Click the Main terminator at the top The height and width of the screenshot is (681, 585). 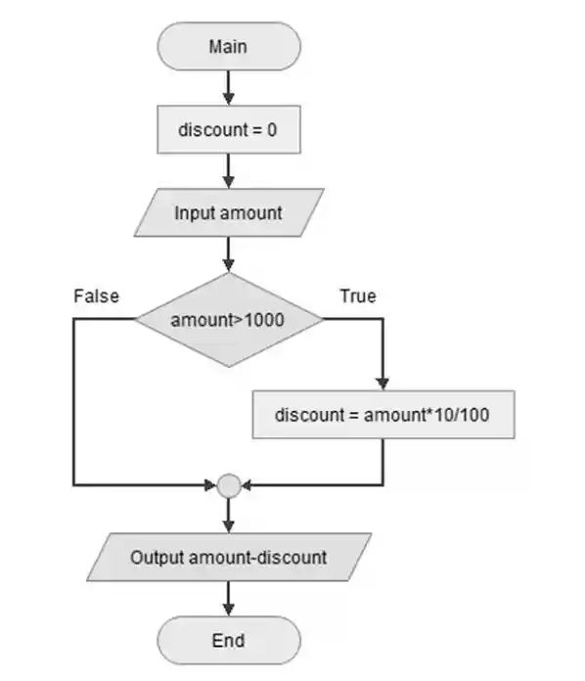228,46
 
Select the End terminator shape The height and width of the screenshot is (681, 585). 228,641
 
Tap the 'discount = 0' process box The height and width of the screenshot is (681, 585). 228,129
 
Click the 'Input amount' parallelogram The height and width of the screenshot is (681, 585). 228,212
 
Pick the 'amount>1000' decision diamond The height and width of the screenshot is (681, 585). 228,320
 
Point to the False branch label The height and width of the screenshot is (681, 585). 96,295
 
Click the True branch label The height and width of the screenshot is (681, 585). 357,295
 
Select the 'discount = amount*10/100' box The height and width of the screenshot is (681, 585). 382,415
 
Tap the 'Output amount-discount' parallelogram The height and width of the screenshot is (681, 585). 228,558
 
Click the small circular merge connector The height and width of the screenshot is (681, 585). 228,484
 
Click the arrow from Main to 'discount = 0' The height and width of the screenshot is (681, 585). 228,88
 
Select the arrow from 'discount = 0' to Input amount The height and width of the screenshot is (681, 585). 228,171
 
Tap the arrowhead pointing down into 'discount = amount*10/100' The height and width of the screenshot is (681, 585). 382,384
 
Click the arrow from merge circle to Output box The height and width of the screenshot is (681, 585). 228,514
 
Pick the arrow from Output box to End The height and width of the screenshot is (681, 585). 228,599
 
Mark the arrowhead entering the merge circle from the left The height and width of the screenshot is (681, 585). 211,484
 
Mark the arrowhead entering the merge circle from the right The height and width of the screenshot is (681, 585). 246,484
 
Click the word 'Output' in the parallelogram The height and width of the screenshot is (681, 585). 157,558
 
